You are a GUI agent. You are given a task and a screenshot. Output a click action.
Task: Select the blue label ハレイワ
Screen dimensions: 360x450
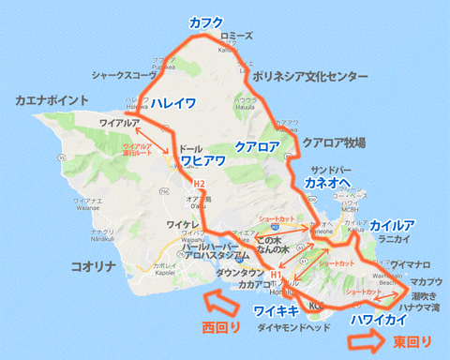(173, 104)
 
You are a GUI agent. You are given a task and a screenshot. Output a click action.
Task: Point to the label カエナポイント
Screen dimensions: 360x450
(52, 99)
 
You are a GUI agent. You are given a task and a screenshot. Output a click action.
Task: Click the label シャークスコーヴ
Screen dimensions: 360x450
(123, 73)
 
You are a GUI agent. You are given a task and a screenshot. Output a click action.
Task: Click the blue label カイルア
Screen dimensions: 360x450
(393, 225)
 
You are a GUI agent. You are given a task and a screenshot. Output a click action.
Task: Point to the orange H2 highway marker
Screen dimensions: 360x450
(199, 183)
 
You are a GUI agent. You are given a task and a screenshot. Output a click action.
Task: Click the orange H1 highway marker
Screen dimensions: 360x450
(275, 274)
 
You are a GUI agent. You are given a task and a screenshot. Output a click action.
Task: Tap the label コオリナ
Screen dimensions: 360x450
(93, 267)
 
